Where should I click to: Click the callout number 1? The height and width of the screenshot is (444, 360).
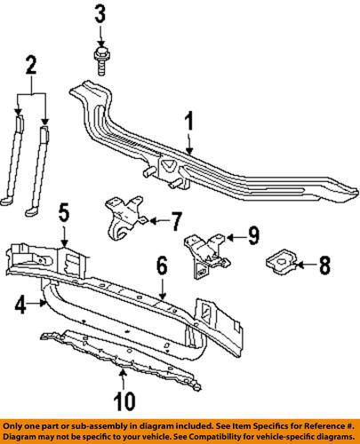[189, 121]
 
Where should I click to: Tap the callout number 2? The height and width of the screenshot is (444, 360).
[31, 66]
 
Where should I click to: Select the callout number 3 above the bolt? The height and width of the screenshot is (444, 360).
[100, 15]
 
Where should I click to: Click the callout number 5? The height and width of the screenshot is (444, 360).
[64, 214]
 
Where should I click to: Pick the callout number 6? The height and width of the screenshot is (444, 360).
[162, 266]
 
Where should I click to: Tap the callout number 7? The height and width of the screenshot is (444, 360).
[175, 221]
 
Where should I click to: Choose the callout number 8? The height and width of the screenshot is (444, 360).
[324, 265]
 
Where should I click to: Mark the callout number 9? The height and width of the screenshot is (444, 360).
[253, 236]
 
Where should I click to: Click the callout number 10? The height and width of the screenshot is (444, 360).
[124, 401]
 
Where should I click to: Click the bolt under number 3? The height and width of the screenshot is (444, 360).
[101, 61]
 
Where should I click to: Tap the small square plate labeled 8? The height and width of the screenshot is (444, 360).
[282, 262]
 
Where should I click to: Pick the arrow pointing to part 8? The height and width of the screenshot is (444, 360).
[307, 266]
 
